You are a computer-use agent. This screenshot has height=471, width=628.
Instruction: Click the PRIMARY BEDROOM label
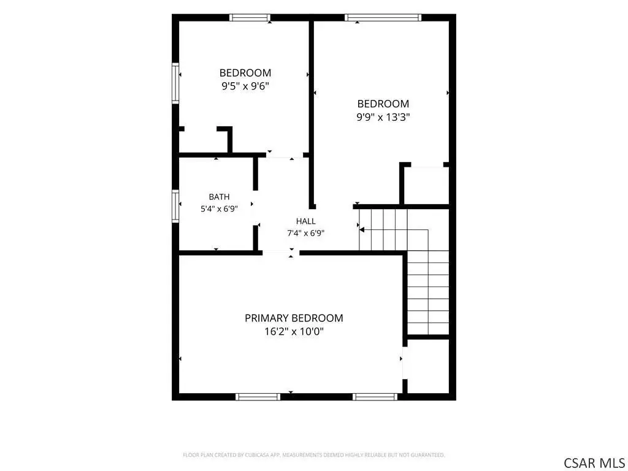coord(294,318)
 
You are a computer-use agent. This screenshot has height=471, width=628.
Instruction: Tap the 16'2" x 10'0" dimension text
coord(294,332)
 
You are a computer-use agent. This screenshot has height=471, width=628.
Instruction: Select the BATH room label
coord(219,197)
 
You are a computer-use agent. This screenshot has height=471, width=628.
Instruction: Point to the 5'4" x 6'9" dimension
coord(219,209)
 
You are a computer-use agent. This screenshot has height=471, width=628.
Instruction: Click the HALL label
coord(305,221)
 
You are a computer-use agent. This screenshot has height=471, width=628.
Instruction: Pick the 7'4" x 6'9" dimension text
coord(305,233)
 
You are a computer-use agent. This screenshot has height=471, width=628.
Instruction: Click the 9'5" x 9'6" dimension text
coord(245,86)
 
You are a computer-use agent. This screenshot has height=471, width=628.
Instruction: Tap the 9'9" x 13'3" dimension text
coord(383,117)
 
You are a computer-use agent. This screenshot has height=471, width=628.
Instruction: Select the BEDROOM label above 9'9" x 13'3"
coord(383,104)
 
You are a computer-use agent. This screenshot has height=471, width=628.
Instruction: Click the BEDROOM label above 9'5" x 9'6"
coord(245,73)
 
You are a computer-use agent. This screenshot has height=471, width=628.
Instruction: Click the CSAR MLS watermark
coord(594,462)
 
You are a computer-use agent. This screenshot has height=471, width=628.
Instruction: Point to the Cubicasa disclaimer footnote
coord(313,455)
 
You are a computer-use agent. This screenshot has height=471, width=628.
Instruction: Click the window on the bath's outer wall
coord(175,206)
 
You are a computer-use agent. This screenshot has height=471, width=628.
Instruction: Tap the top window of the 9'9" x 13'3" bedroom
coord(383,18)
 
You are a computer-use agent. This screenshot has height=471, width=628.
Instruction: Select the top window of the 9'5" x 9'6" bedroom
coord(250,18)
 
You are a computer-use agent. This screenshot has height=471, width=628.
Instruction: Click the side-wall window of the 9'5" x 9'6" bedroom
coord(175,83)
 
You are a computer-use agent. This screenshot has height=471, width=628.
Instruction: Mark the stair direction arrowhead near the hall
coord(361,230)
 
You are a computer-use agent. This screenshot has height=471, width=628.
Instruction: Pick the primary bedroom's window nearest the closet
coord(375,397)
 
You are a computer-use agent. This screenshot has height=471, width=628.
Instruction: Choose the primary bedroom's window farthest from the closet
coord(258,397)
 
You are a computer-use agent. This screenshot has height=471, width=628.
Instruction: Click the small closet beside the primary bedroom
coord(428,367)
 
